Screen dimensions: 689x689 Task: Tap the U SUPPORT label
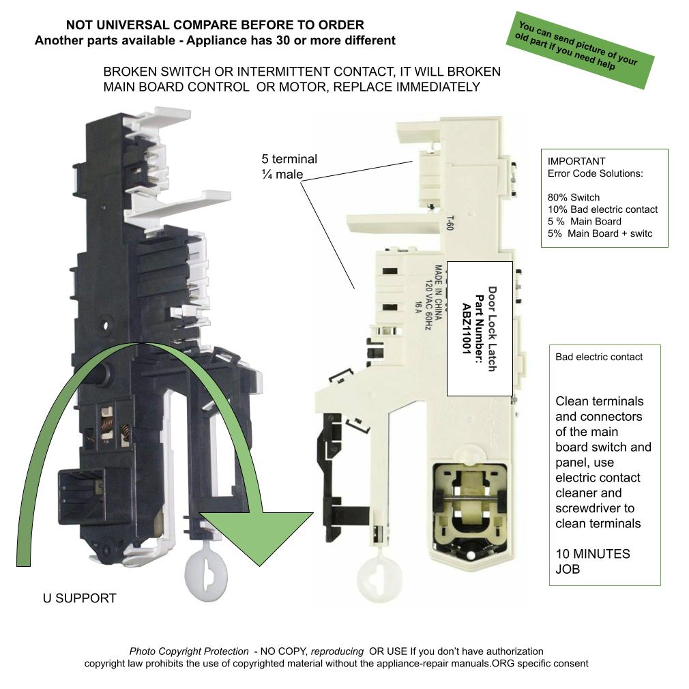tap(80, 598)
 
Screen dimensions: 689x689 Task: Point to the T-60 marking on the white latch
tap(450, 224)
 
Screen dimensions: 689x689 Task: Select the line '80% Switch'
tap(574, 197)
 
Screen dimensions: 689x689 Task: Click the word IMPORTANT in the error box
tap(576, 162)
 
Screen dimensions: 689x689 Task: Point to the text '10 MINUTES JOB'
tap(592, 561)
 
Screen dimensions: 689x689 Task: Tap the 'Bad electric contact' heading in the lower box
tap(599, 357)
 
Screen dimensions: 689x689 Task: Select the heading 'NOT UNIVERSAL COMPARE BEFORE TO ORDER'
tap(215, 25)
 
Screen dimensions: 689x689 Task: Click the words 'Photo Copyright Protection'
tap(189, 651)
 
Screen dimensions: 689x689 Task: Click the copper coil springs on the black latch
tap(115, 426)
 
